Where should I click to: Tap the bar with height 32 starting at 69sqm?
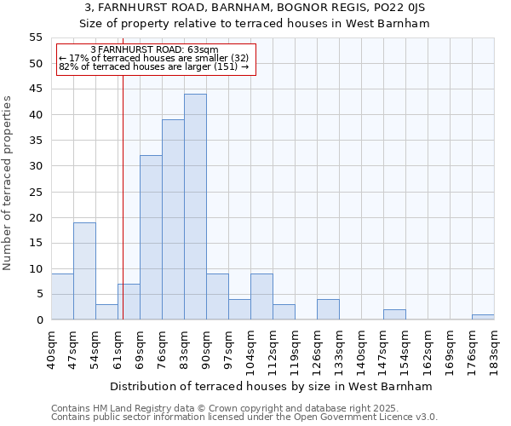coord(151,238)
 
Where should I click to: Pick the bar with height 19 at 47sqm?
coord(84,271)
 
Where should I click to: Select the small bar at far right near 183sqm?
coord(483,317)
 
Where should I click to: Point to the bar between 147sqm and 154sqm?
coord(394,314)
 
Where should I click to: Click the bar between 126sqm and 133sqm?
coord(328,309)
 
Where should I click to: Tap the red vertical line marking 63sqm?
coord(123,187)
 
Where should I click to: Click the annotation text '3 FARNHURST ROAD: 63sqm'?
coord(154,50)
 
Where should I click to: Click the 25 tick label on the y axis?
coord(36,192)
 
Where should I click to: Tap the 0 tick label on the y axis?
coord(39,320)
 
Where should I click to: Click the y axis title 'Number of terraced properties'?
coord(8,183)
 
